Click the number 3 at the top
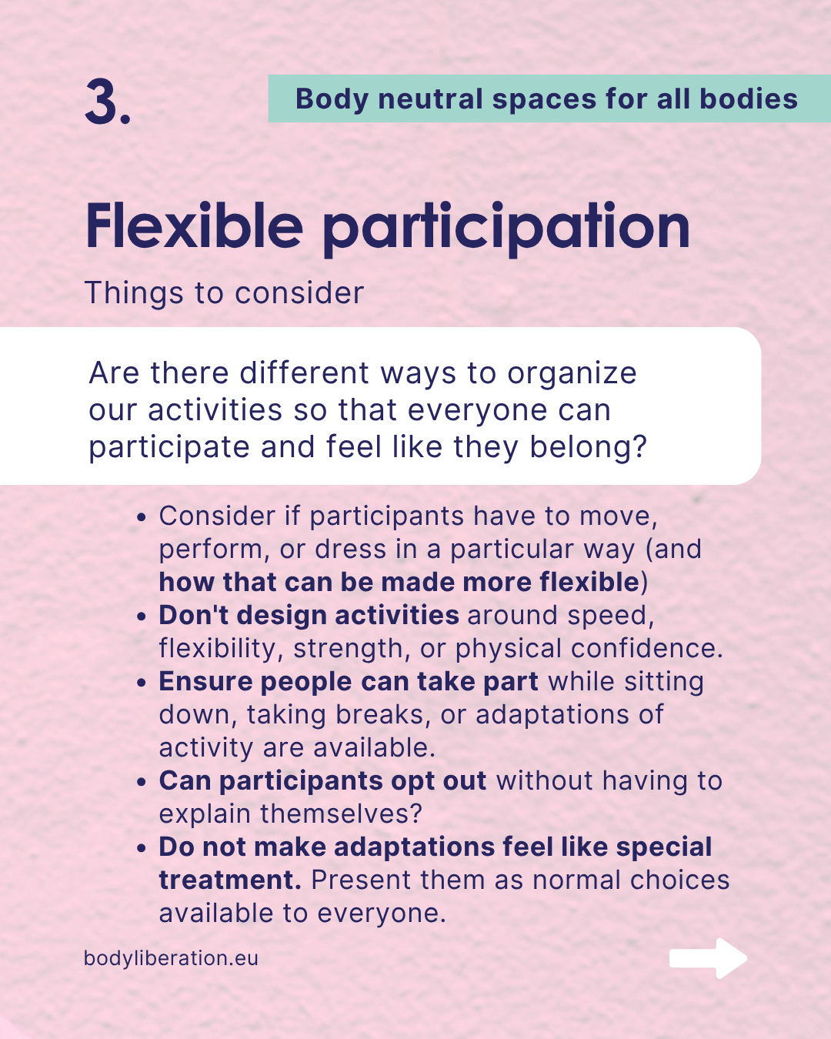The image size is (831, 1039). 102,102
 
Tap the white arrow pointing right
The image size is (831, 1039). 708,958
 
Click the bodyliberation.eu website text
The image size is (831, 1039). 171,958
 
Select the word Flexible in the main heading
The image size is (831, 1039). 195,226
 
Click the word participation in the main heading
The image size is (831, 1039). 506,229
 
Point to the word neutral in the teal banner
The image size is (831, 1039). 430,99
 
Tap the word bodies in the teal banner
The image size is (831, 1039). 749,99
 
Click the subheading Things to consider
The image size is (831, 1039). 224,293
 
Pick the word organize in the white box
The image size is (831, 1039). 572,374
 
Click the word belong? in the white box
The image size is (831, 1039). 588,446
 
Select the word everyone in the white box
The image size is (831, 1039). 477,411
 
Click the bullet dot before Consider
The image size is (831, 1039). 141,517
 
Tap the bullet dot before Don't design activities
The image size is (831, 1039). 141,617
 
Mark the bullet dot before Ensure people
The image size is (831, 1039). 141,683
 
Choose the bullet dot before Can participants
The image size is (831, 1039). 141,782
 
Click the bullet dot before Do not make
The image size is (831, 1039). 141,848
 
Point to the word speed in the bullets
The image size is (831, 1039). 606,617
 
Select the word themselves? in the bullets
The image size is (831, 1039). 342,814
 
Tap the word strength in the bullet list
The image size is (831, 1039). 348,650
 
